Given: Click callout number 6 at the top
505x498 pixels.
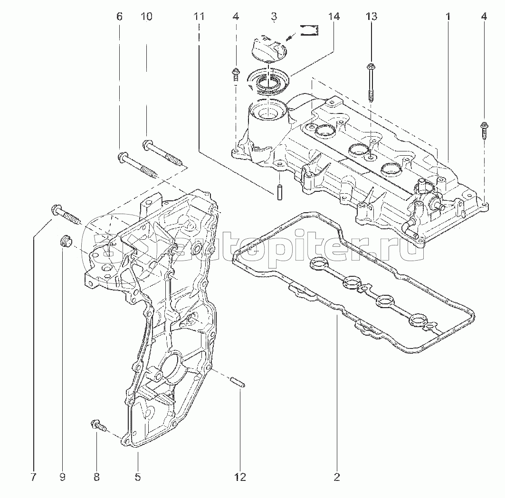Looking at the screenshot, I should click(119, 17).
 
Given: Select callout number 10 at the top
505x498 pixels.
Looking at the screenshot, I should click(146, 17).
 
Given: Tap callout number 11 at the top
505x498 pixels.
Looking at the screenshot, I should click(199, 17).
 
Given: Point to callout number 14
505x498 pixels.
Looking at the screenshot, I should click(333, 17).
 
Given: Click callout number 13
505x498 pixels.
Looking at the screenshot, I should click(372, 17).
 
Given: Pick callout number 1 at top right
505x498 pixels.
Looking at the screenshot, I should click(448, 17).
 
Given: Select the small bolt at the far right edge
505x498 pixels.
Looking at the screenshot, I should click(484, 130).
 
